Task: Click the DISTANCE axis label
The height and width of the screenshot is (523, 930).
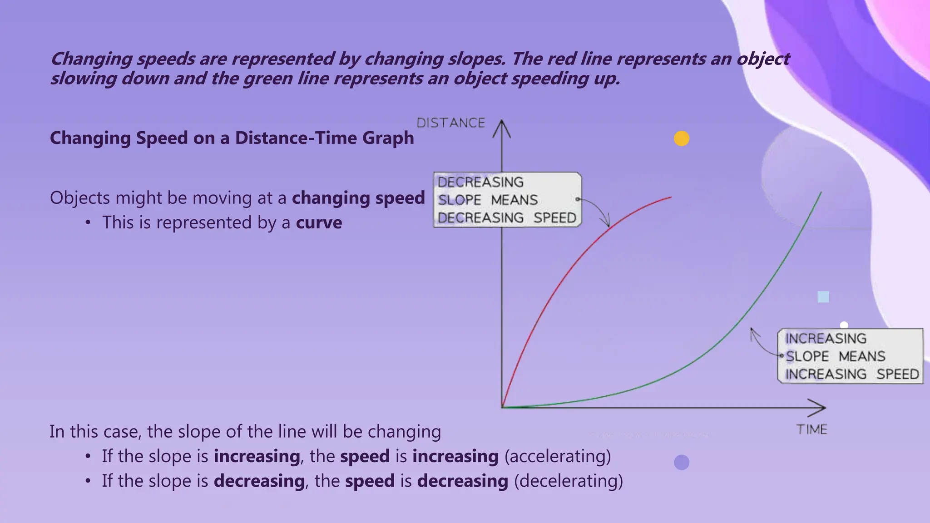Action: pos(451,123)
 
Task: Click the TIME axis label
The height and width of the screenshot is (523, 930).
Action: pos(811,429)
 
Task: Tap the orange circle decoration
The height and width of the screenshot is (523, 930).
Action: pos(682,138)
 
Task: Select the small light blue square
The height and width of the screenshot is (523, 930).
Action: pos(823,297)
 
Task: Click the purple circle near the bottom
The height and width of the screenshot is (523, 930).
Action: pos(682,462)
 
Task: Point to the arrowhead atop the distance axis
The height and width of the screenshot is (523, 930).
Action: pos(502,127)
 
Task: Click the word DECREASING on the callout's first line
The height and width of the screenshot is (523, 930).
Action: pos(480,182)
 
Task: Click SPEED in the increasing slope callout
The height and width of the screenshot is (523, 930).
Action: pos(897,374)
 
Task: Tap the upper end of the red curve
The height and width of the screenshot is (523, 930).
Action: pos(670,197)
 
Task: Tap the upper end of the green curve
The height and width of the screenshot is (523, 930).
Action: pos(821,193)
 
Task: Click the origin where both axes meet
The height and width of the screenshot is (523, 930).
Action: pos(502,407)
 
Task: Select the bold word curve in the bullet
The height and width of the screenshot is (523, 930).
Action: pos(319,223)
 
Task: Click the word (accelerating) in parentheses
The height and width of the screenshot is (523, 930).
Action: pos(558,456)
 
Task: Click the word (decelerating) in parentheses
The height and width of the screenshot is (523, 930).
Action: pos(569,481)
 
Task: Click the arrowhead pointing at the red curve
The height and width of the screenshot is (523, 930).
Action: pos(606,223)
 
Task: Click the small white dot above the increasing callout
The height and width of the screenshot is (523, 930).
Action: pos(844,325)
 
